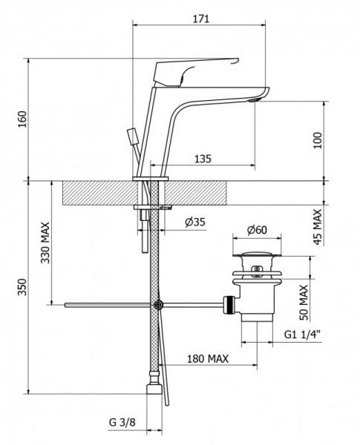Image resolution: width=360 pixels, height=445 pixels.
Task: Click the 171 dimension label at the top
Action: (201, 19)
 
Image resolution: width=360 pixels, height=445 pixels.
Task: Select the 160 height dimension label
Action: (22, 119)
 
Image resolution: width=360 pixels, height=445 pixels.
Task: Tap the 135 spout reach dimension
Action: (203, 159)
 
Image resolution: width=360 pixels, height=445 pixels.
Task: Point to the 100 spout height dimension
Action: (318, 140)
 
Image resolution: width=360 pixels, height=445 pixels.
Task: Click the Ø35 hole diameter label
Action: (195, 222)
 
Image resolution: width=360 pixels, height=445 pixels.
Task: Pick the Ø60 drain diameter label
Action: (257, 230)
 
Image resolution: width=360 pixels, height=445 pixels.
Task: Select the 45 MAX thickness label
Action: (318, 226)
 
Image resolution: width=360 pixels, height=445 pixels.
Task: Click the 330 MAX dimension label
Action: (45, 243)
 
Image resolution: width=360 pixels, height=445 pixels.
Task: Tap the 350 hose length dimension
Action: (22, 287)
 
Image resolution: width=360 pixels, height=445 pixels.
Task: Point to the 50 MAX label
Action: (304, 303)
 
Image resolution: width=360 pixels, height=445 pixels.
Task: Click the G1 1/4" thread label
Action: (302, 334)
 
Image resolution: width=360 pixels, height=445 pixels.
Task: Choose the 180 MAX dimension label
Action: (208, 359)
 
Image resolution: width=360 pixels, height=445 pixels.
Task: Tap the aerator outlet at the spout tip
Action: (255, 99)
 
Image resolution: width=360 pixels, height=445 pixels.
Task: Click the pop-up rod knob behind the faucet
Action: (131, 136)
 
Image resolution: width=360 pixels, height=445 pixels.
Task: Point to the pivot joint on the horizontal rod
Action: (158, 305)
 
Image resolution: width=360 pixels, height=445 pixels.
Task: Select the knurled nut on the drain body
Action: (229, 305)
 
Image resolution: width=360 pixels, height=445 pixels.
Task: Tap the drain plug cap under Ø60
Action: (257, 254)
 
